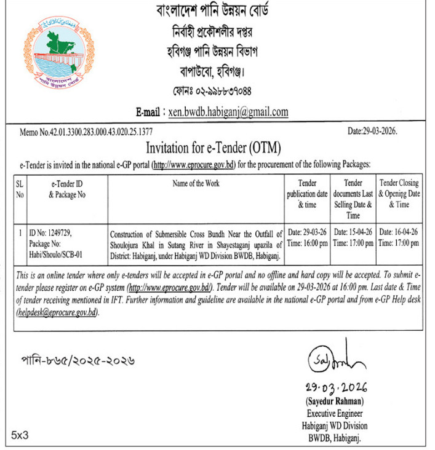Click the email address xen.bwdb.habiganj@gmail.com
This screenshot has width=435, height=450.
coord(228,112)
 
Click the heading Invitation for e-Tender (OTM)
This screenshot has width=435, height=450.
coord(213,148)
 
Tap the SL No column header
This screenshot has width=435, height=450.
coord(20,189)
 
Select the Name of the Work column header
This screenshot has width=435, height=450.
coord(196,183)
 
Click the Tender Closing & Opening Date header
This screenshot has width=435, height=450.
coord(399,194)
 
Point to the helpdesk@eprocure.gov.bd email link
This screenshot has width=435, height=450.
coord(57,313)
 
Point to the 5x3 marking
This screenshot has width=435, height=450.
coord(20,435)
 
